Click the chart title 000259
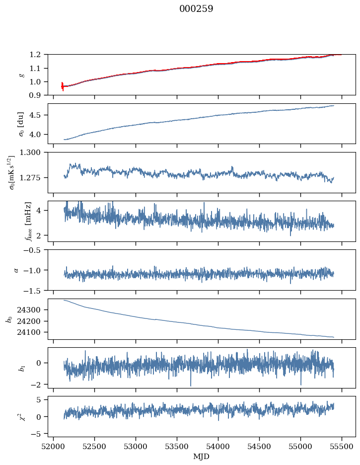click(x=196, y=8)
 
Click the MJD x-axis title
click(x=201, y=457)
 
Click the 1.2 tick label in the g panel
click(x=35, y=55)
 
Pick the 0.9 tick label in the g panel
click(x=35, y=95)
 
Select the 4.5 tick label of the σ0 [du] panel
click(x=35, y=115)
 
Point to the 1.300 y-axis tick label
click(x=30, y=153)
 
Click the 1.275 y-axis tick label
click(x=30, y=178)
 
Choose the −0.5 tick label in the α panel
click(x=33, y=250)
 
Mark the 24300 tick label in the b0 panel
click(x=29, y=310)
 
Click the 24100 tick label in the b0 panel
click(x=29, y=332)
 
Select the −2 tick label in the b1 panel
click(x=36, y=385)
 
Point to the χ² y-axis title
click(x=22, y=416)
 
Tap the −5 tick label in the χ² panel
click(x=36, y=434)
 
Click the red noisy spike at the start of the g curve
click(x=63, y=86)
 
